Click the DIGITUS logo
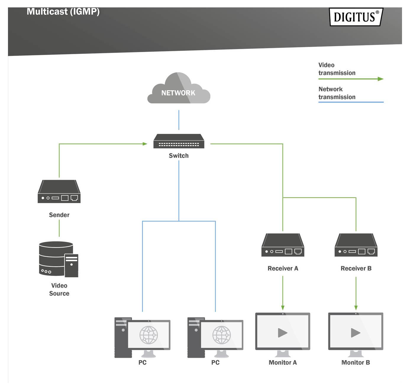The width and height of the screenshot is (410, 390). pyautogui.click(x=356, y=17)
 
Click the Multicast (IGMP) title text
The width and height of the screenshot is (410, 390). pyautogui.click(x=63, y=12)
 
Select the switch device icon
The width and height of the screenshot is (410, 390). pyautogui.click(x=179, y=141)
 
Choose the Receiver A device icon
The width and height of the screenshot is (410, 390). pyautogui.click(x=283, y=245)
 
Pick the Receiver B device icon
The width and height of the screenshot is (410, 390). pyautogui.click(x=356, y=245)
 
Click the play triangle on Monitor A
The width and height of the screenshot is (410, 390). pyautogui.click(x=283, y=333)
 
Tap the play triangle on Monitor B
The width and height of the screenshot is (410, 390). pyautogui.click(x=356, y=333)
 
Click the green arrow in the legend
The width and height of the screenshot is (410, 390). pyautogui.click(x=380, y=79)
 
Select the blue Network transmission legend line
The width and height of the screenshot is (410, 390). pyautogui.click(x=351, y=102)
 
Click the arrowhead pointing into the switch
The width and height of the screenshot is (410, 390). pyautogui.click(x=145, y=144)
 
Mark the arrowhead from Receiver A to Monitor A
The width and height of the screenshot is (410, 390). pyautogui.click(x=283, y=308)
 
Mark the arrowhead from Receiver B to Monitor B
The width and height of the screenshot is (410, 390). pyautogui.click(x=356, y=308)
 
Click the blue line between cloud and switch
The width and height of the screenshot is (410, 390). pyautogui.click(x=179, y=120)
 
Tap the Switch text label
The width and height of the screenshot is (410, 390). pyautogui.click(x=179, y=156)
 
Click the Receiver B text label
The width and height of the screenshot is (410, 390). pyautogui.click(x=356, y=268)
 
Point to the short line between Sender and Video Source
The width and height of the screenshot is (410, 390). pyautogui.click(x=59, y=228)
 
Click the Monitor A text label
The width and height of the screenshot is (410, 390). pyautogui.click(x=283, y=363)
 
